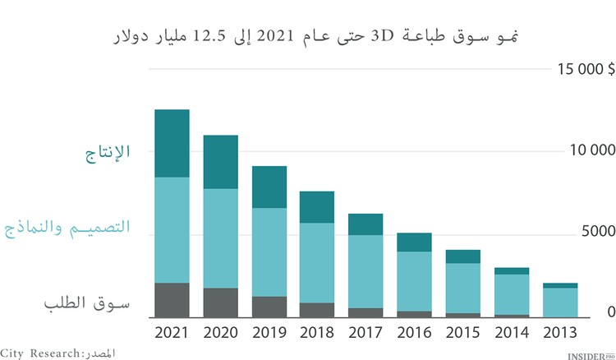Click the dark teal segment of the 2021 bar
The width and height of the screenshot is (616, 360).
click(x=172, y=143)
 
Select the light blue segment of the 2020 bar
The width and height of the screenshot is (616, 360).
click(x=220, y=238)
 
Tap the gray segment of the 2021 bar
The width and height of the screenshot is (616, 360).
click(x=172, y=300)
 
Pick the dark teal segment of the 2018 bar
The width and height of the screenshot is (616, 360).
click(x=317, y=207)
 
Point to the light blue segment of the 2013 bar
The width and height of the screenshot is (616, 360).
click(x=560, y=301)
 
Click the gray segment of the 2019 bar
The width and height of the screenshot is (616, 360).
click(x=269, y=307)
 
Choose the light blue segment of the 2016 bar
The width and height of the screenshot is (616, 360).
click(x=415, y=281)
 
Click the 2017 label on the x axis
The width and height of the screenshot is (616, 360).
click(x=365, y=333)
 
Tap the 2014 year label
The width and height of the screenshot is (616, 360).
click(x=512, y=333)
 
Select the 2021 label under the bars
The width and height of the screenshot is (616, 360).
click(x=172, y=333)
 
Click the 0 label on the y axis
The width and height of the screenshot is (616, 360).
click(x=610, y=312)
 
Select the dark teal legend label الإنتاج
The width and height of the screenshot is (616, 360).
click(x=109, y=152)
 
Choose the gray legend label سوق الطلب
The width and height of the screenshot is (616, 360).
click(x=87, y=303)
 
